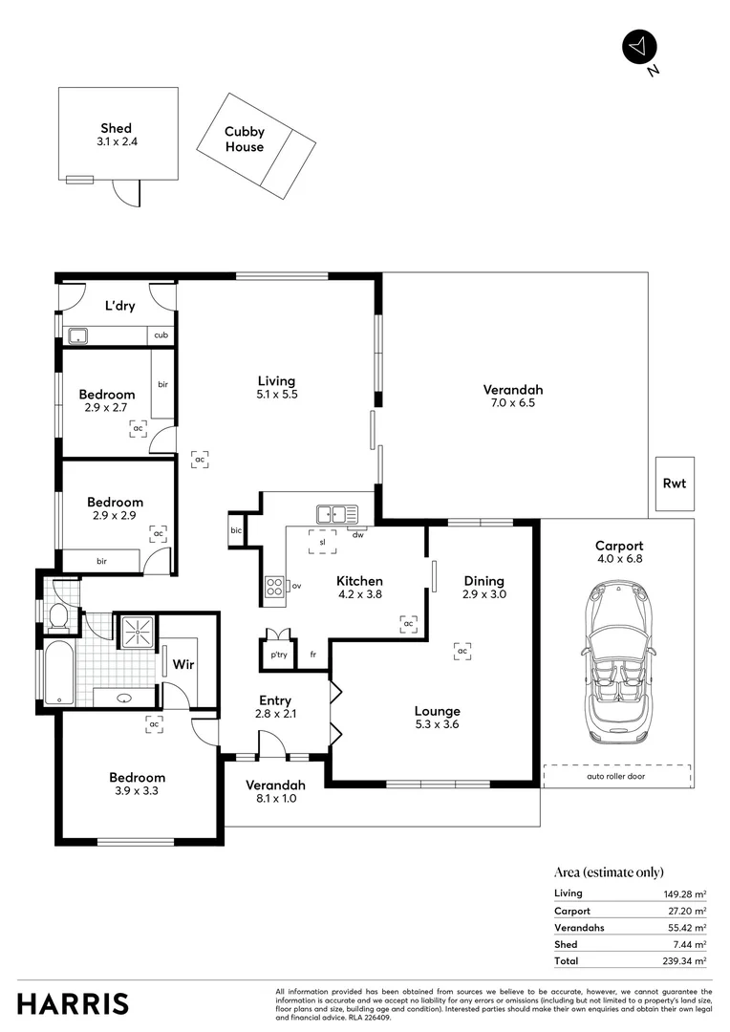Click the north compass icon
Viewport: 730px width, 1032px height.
[640, 47]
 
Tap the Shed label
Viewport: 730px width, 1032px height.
[117, 135]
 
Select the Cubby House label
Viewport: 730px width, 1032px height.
[245, 140]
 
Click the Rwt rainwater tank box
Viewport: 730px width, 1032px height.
[675, 484]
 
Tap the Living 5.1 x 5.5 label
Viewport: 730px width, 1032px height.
[277, 387]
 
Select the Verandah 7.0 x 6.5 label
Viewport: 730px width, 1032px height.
[512, 396]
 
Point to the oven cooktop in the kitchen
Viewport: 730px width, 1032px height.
[274, 587]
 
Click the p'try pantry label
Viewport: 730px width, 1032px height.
[278, 655]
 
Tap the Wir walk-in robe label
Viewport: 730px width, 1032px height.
[183, 663]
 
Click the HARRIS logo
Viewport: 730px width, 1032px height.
[73, 1003]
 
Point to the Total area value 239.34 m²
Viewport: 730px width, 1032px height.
[686, 960]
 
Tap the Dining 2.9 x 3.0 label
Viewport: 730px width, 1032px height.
[484, 587]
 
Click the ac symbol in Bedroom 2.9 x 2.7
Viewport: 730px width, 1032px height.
[139, 429]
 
